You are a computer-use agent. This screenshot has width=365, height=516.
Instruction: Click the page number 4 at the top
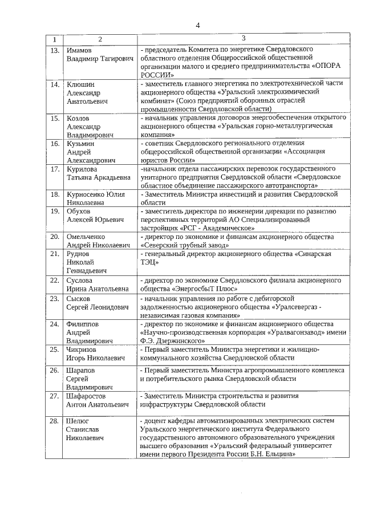pyautogui.click(x=198, y=25)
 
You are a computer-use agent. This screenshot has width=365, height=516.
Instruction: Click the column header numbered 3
pyautogui.click(x=243, y=38)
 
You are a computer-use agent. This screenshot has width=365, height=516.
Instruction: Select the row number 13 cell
pyautogui.click(x=55, y=51)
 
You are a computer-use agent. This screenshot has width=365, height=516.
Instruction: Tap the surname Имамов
pyautogui.click(x=79, y=51)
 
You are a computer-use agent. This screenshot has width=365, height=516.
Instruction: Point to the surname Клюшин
pyautogui.click(x=80, y=84)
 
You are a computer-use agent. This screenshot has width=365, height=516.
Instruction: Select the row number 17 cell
pyautogui.click(x=55, y=169)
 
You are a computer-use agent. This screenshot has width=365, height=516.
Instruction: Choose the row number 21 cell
pyautogui.click(x=55, y=253)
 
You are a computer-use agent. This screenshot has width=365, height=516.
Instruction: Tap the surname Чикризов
pyautogui.click(x=83, y=350)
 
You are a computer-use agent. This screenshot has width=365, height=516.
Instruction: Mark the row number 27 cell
pyautogui.click(x=55, y=395)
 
